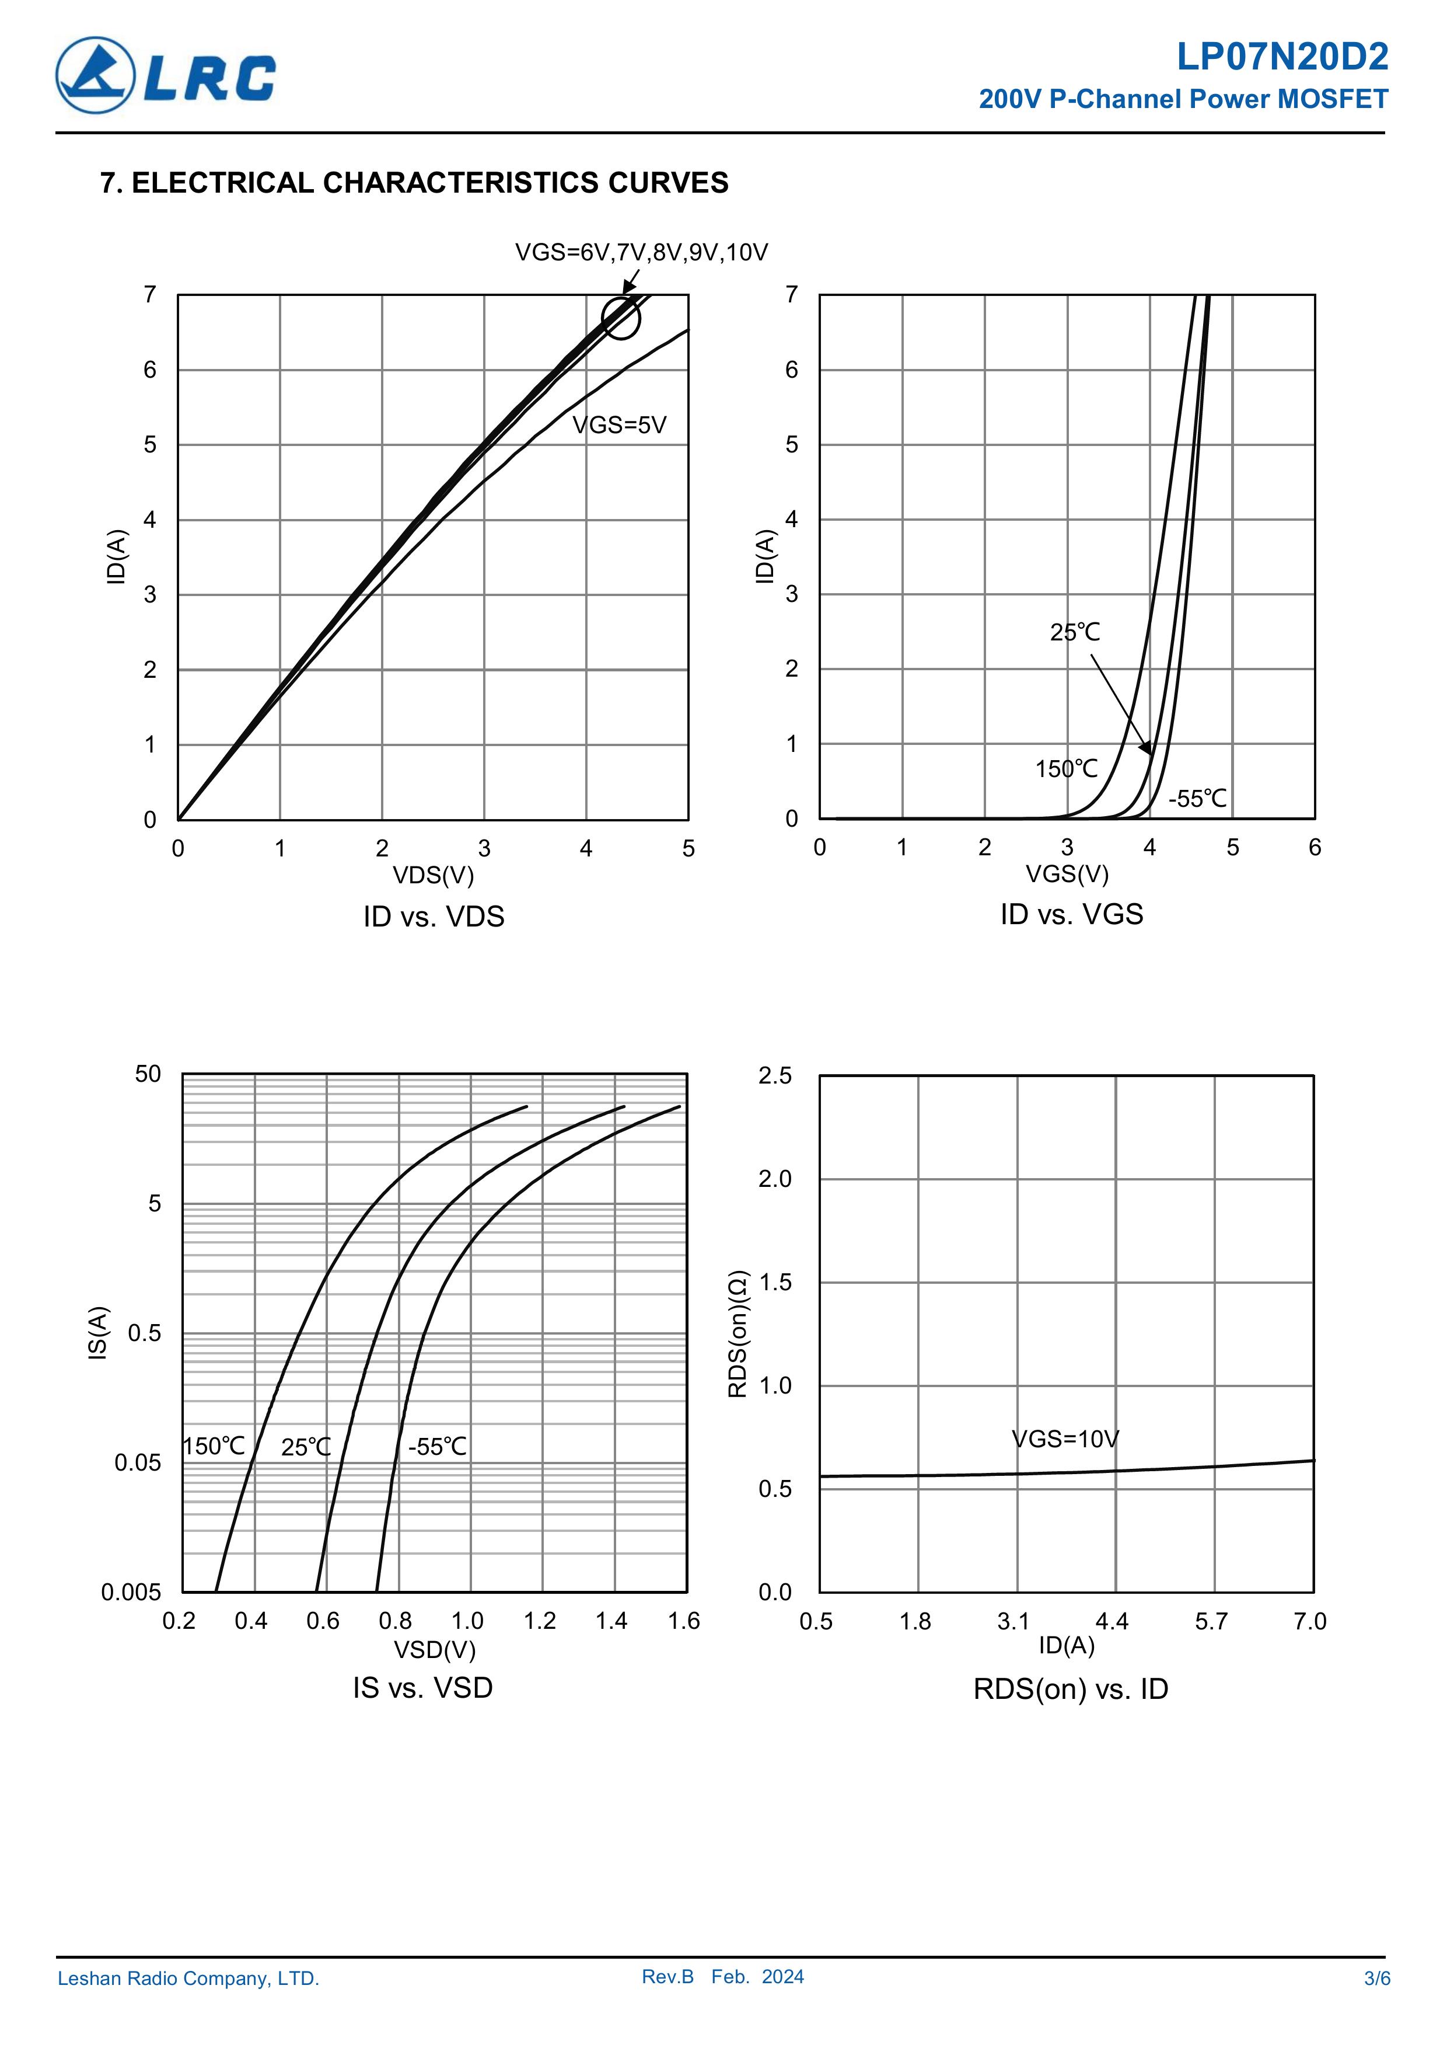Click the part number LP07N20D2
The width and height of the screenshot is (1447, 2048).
(x=1281, y=57)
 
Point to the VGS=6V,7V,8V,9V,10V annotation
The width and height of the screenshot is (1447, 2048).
(x=641, y=252)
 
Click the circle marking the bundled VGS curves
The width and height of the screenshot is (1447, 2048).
(x=621, y=318)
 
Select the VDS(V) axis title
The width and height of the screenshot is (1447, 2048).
(x=434, y=875)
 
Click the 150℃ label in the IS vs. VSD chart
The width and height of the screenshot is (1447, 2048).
(x=214, y=1446)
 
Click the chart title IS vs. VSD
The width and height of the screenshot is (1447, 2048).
(x=422, y=1688)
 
